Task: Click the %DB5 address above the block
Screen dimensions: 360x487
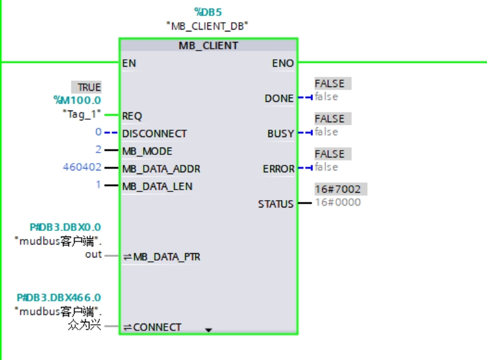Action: coord(208,12)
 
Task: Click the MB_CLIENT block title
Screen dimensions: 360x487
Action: coord(208,46)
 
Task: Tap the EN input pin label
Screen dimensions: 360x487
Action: coord(129,63)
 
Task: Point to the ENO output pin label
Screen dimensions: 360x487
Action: coord(283,63)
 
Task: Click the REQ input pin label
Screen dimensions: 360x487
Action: coord(132,115)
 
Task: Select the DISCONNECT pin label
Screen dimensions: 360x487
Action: coord(154,133)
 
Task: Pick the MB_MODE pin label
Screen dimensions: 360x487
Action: coord(147,151)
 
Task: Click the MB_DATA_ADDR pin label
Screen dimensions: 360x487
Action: coord(161,169)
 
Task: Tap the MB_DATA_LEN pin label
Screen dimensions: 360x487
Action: coord(157,186)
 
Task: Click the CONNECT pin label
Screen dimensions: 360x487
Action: coord(157,327)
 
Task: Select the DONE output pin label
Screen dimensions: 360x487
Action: coord(279,98)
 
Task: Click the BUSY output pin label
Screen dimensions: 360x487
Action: coord(280,133)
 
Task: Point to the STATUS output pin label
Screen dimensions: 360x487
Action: coord(276,204)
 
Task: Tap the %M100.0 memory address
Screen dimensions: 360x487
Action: coord(77,100)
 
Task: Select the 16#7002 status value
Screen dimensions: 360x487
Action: coord(337,189)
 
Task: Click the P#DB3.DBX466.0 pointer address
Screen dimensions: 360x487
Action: coord(59,298)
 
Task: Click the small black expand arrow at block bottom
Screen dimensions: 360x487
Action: coord(208,330)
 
